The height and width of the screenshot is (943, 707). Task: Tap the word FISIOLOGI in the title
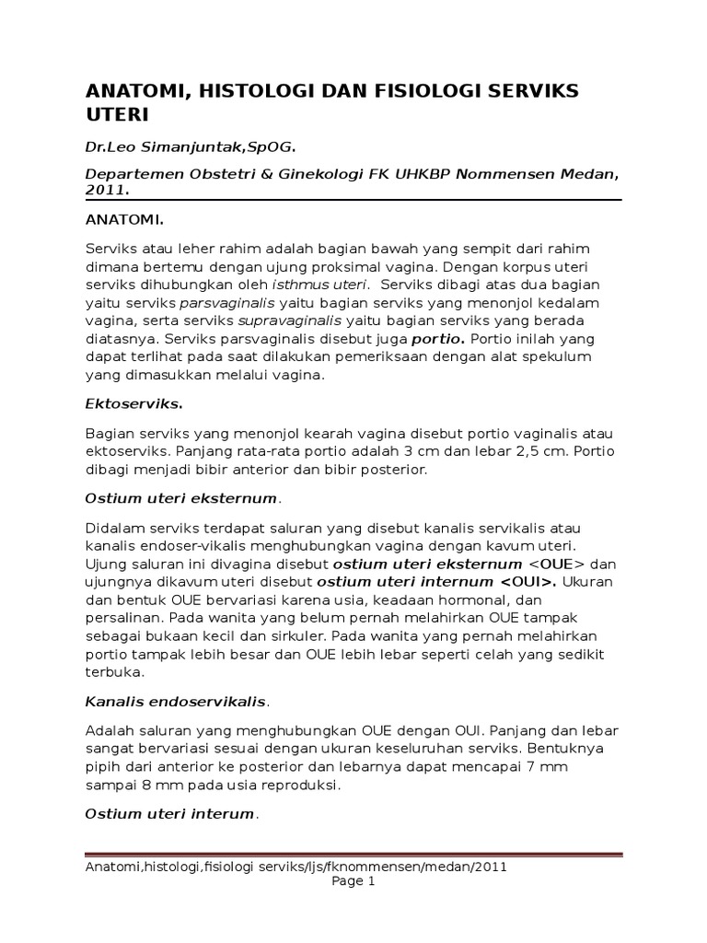443,90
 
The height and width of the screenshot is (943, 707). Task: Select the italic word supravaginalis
289,320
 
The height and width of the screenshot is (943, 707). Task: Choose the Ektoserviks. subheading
133,403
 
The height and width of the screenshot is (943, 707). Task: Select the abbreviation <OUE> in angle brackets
550,564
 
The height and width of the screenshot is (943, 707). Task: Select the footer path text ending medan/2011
296,867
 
